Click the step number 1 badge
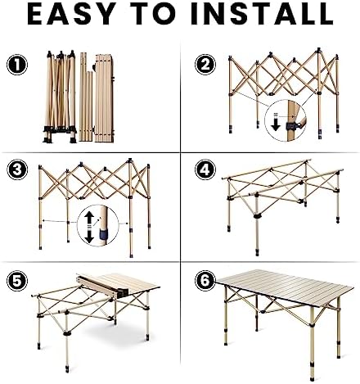point(17,65)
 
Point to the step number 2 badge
point(205,65)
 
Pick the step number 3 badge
point(17,169)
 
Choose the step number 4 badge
point(205,169)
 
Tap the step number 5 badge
point(17,281)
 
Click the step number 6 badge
point(205,281)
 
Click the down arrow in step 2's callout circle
point(276,122)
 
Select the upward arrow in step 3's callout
point(89,218)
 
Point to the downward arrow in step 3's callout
point(89,236)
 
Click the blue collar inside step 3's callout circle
point(104,233)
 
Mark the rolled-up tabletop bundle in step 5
point(102,287)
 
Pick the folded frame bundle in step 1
point(60,97)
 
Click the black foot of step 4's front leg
point(257,251)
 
